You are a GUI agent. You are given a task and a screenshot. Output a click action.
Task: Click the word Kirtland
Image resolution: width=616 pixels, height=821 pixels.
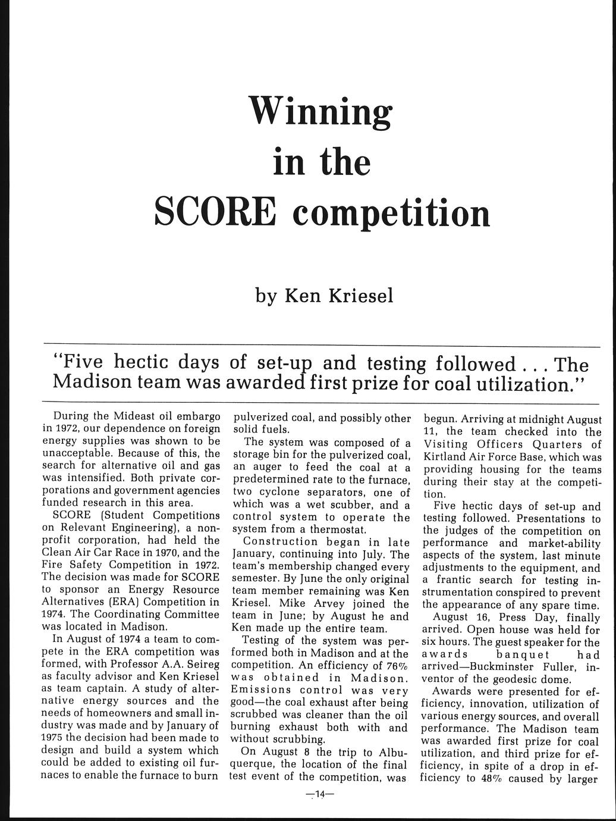click(x=441, y=457)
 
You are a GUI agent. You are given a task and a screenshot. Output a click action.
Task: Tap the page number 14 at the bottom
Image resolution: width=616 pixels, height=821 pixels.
click(x=319, y=794)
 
